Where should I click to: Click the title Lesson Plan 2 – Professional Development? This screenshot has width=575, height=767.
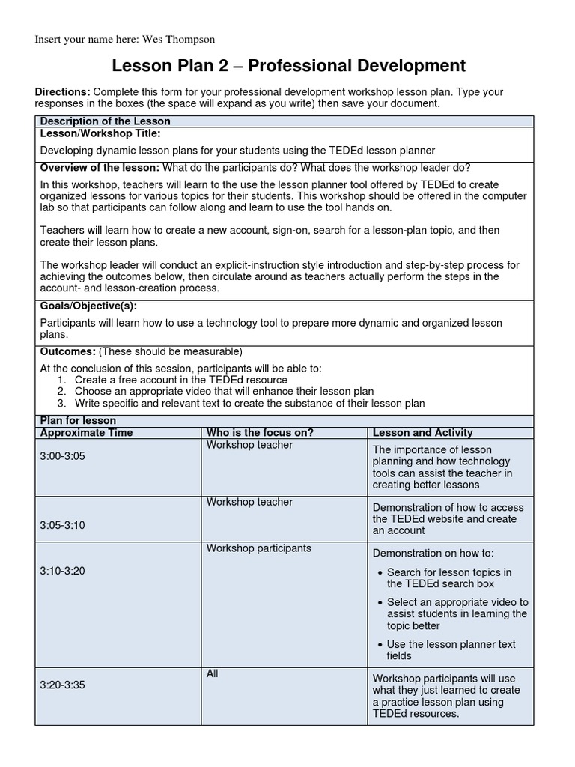[x=288, y=66]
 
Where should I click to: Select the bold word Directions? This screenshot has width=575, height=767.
[x=63, y=91]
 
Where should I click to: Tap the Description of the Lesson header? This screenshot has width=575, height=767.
[x=105, y=121]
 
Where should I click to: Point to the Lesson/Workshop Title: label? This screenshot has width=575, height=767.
[x=100, y=133]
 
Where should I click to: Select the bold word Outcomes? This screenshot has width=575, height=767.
[x=67, y=351]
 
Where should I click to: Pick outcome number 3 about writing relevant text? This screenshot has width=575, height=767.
[x=249, y=403]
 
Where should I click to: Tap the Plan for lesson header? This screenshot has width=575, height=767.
[x=78, y=421]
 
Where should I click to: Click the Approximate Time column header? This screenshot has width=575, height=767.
[x=86, y=433]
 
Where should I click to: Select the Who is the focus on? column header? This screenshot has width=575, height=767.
[x=260, y=433]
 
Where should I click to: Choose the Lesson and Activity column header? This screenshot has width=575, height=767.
[x=422, y=433]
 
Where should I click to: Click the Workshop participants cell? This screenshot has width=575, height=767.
[x=258, y=548]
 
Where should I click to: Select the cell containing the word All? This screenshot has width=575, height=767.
[x=213, y=674]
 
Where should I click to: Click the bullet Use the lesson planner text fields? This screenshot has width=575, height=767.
[x=451, y=649]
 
